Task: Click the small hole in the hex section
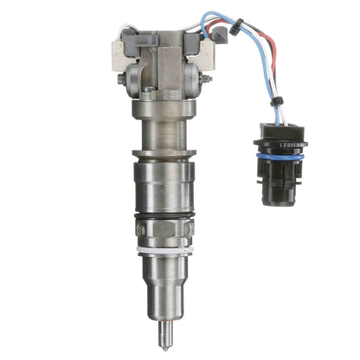click(x=142, y=230)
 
